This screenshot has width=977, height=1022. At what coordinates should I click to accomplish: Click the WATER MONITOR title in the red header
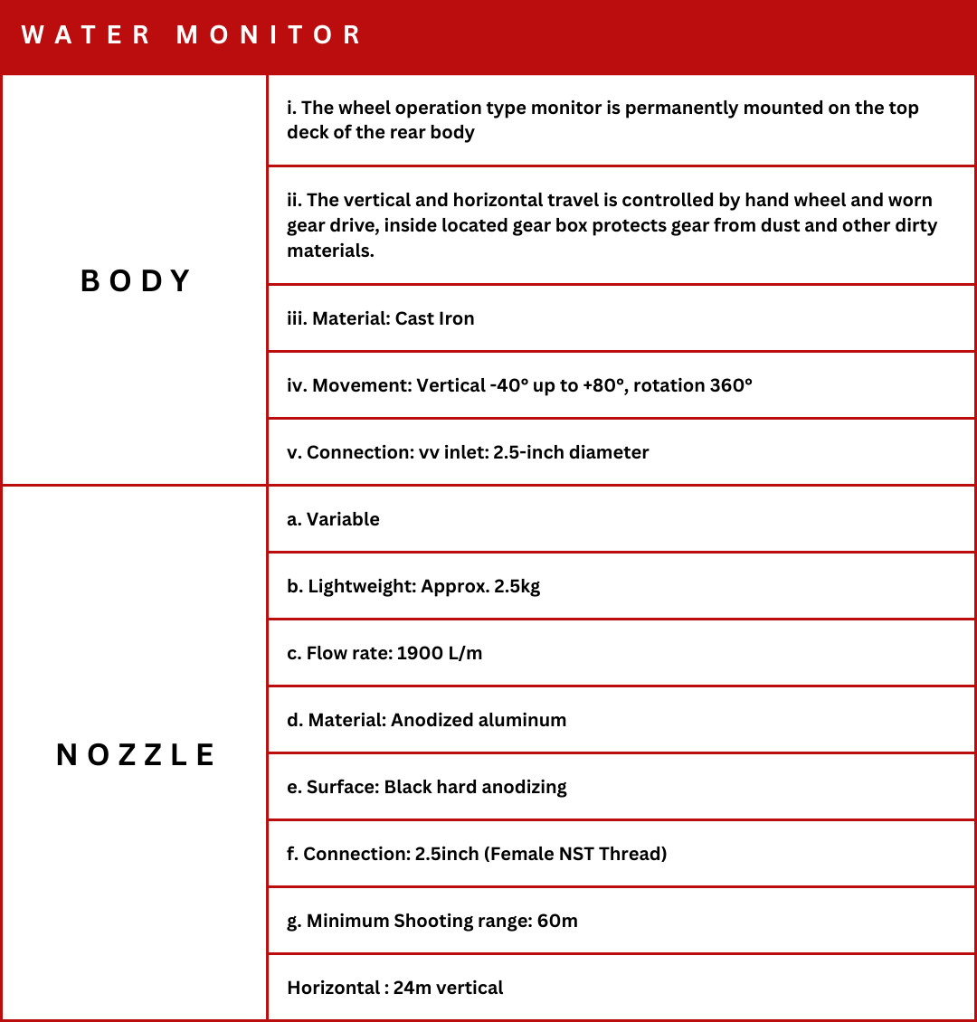(192, 35)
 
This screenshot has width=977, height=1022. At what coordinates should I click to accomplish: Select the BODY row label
(136, 281)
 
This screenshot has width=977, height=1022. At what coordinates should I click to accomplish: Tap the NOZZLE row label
(136, 755)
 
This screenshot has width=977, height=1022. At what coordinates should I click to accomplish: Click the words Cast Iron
(434, 318)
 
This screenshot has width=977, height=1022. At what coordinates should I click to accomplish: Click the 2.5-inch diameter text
(571, 452)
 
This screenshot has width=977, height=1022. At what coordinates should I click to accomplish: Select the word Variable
(343, 519)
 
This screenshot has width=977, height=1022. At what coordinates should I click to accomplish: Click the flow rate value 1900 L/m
(440, 653)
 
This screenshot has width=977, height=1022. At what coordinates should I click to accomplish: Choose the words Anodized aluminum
(479, 720)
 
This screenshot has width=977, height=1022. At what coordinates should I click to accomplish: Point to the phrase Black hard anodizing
(475, 787)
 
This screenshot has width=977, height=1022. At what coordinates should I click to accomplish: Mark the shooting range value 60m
(556, 921)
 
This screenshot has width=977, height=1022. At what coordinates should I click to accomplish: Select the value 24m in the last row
(412, 988)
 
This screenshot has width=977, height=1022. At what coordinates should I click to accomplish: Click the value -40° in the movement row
(510, 385)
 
